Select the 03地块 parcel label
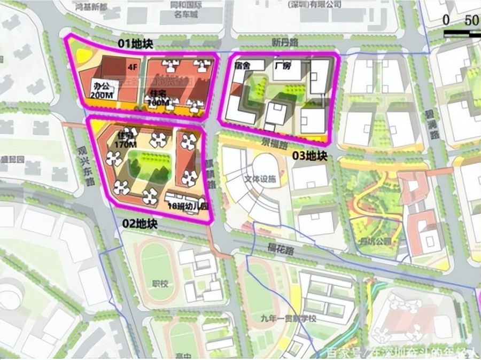[x=309, y=155]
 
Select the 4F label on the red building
[x=132, y=68]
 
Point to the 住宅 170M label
[x=126, y=140]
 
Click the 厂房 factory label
[x=282, y=66]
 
